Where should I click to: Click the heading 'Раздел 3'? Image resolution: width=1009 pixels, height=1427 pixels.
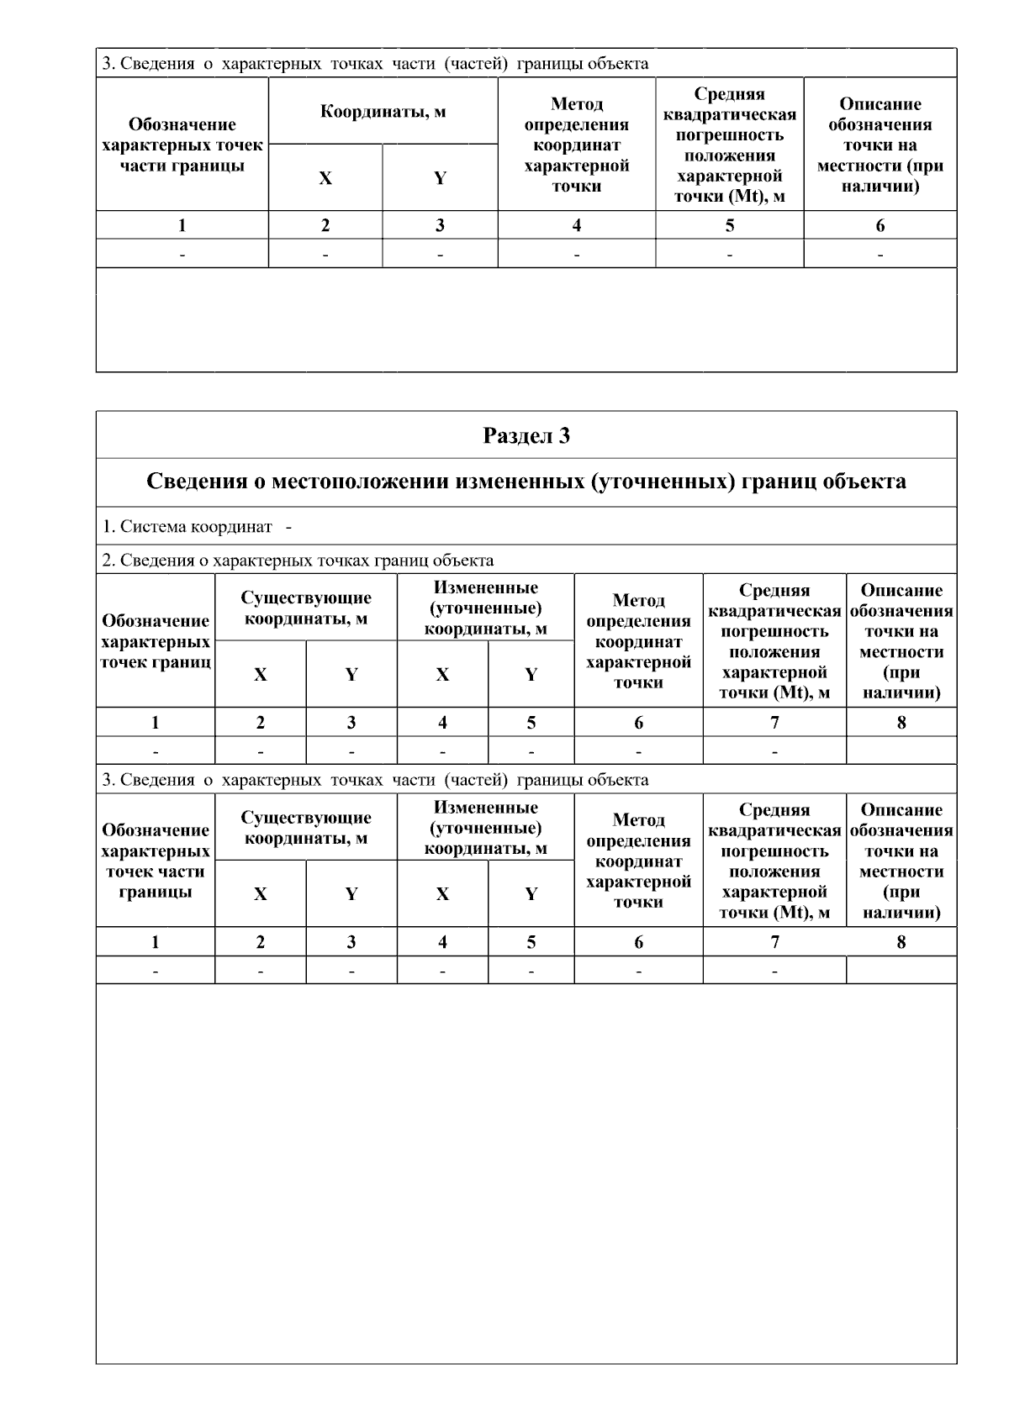pyautogui.click(x=526, y=435)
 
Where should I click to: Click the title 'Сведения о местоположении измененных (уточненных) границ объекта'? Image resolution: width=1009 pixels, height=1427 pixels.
pyautogui.click(x=526, y=482)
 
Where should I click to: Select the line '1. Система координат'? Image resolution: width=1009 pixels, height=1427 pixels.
pyautogui.click(x=188, y=527)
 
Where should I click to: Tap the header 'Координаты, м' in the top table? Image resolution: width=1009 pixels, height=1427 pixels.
pyautogui.click(x=383, y=113)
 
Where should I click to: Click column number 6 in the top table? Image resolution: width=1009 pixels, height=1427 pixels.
pyautogui.click(x=880, y=225)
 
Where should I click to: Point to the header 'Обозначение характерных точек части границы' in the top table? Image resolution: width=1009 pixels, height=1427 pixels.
pyautogui.click(x=182, y=145)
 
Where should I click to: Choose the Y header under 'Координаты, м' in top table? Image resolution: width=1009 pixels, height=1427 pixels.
pyautogui.click(x=440, y=178)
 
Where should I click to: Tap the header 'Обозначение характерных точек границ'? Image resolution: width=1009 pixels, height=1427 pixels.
pyautogui.click(x=156, y=641)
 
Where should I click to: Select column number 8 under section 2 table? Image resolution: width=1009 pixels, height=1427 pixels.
pyautogui.click(x=901, y=723)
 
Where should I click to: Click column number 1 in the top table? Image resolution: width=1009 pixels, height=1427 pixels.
pyautogui.click(x=182, y=225)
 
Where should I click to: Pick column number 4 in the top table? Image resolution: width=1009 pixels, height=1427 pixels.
pyautogui.click(x=577, y=225)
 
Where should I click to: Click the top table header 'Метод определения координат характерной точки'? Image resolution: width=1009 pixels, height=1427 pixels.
pyautogui.click(x=577, y=145)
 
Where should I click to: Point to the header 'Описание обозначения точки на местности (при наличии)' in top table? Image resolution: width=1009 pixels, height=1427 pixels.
pyautogui.click(x=880, y=145)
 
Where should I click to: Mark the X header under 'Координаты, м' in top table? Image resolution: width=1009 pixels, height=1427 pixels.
pyautogui.click(x=325, y=178)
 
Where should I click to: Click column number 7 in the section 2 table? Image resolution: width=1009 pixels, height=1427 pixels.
pyautogui.click(x=774, y=723)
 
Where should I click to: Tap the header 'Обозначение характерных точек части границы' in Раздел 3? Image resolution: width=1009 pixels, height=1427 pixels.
pyautogui.click(x=156, y=861)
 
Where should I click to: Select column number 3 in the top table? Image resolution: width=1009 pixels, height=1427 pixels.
pyautogui.click(x=440, y=225)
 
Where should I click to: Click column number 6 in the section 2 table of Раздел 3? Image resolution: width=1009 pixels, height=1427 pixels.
pyautogui.click(x=638, y=723)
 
